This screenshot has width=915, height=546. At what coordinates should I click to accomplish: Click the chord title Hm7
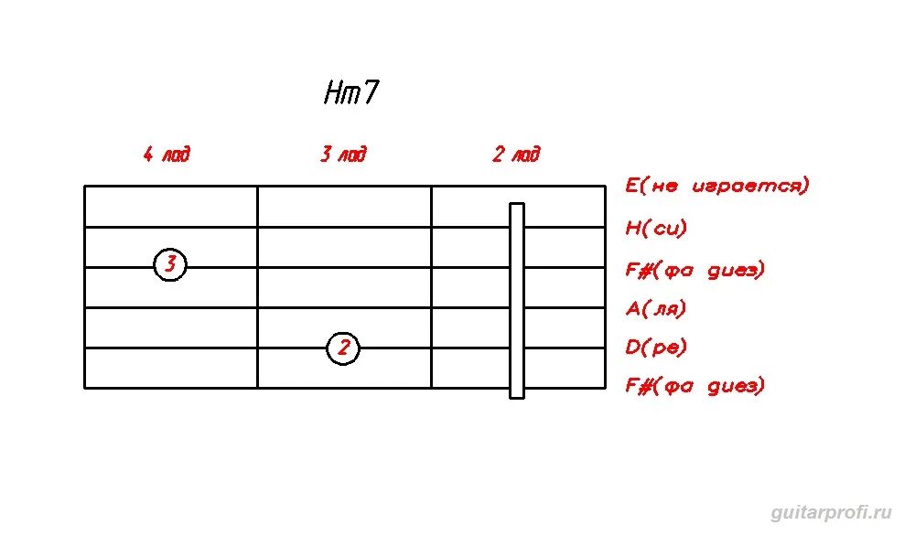pyautogui.click(x=350, y=93)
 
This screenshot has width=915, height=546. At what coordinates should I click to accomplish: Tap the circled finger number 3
pyautogui.click(x=170, y=265)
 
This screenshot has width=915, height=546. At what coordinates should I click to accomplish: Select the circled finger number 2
pyautogui.click(x=343, y=348)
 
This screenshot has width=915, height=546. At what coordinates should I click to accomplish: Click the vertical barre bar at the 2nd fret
pyautogui.click(x=517, y=300)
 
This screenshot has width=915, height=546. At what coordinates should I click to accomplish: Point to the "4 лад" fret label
pyautogui.click(x=167, y=154)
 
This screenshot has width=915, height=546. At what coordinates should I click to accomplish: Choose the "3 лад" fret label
pyautogui.click(x=343, y=154)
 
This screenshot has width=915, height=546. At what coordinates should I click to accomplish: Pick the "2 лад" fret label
pyautogui.click(x=516, y=154)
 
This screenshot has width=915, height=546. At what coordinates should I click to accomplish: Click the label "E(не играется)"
pyautogui.click(x=717, y=187)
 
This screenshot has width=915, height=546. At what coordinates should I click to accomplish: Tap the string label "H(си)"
pyautogui.click(x=656, y=228)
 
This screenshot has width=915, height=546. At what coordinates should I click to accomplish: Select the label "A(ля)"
pyautogui.click(x=656, y=308)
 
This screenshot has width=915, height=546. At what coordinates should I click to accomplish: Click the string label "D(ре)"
pyautogui.click(x=656, y=348)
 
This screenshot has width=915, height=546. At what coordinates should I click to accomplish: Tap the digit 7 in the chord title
pyautogui.click(x=370, y=93)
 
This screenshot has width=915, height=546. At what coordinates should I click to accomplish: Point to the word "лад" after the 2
pyautogui.click(x=526, y=154)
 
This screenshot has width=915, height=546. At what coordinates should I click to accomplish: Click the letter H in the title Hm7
pyautogui.click(x=331, y=93)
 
